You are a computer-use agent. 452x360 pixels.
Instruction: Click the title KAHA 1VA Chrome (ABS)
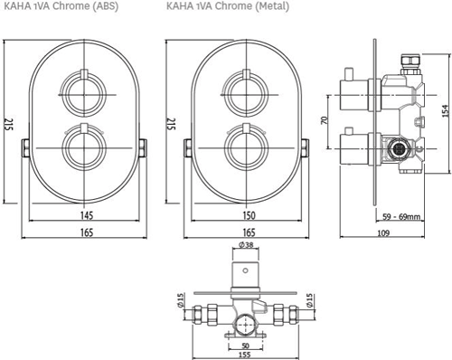pyautogui.click(x=61, y=6)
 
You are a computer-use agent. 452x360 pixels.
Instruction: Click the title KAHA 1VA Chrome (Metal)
pyautogui.click(x=228, y=6)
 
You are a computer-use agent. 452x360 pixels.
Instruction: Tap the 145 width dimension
pyautogui.click(x=87, y=215)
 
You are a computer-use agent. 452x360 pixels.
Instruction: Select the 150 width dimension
pyautogui.click(x=249, y=215)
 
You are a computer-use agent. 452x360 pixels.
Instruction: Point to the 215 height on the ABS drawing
pyautogui.click(x=9, y=124)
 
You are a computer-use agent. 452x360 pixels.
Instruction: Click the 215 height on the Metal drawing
pyautogui.click(x=172, y=124)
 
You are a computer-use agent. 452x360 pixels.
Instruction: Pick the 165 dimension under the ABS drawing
pyautogui.click(x=87, y=232)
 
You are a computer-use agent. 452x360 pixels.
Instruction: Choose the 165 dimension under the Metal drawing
pyautogui.click(x=249, y=232)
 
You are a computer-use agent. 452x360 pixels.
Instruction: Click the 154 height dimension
pyautogui.click(x=447, y=110)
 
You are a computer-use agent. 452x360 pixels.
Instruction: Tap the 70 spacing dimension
pyautogui.click(x=325, y=120)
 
